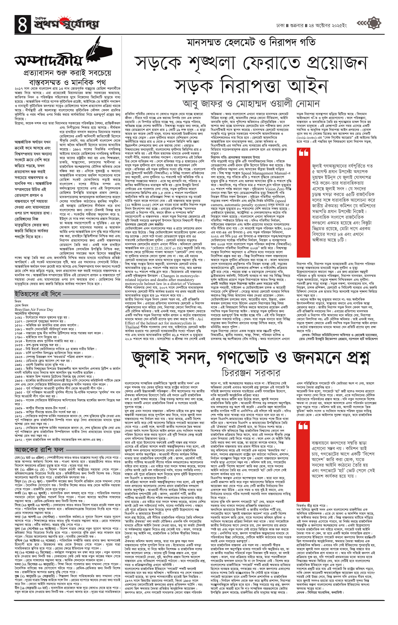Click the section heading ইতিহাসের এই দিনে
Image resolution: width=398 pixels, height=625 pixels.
click(38, 294)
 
